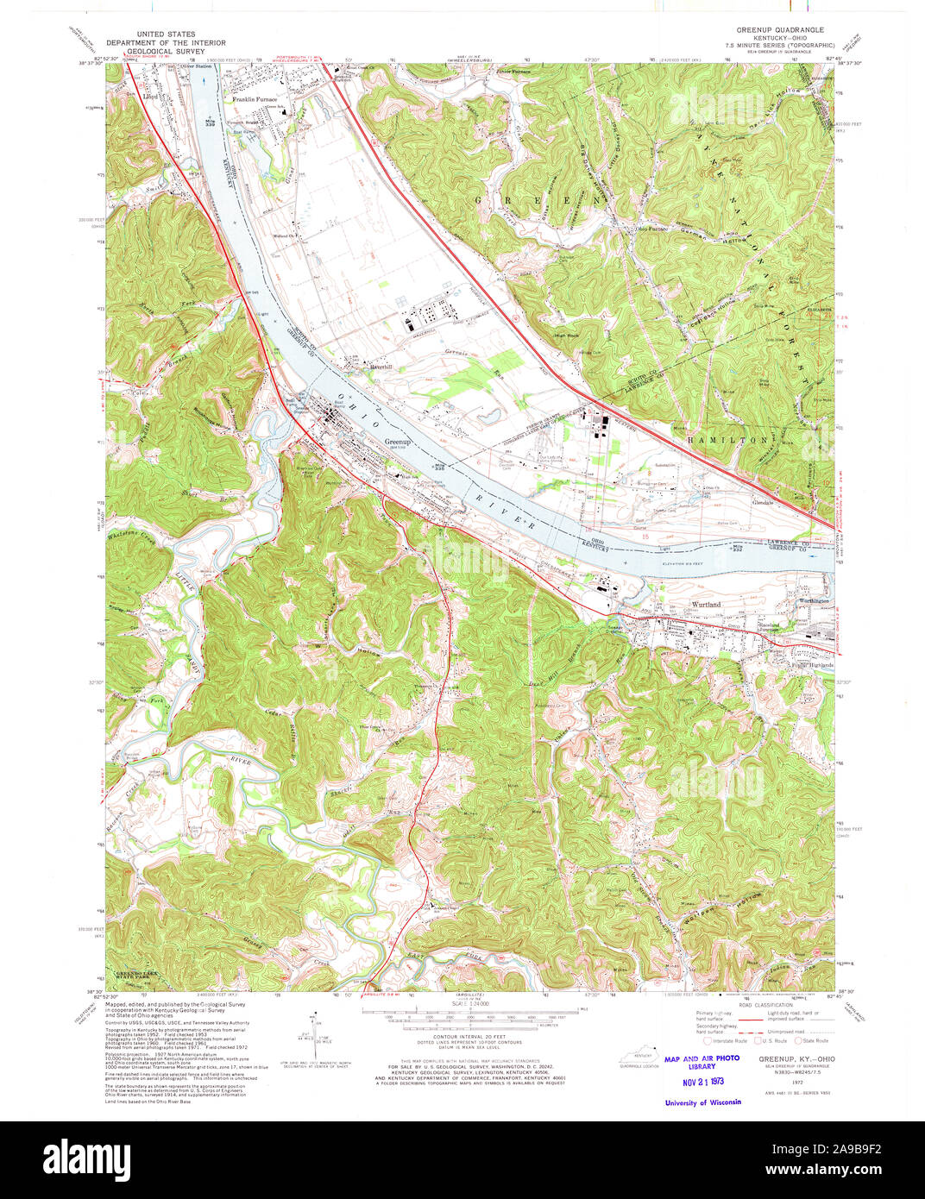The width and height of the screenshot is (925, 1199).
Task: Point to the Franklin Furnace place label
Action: click(255, 99)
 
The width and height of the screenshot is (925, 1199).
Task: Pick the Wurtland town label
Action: click(705, 605)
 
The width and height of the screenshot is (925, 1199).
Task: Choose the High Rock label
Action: click(566, 335)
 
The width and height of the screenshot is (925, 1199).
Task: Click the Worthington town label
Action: click(813, 601)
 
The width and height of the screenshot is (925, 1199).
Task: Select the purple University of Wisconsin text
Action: click(702, 1102)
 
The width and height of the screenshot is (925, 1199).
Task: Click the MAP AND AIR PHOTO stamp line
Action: click(702, 1058)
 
